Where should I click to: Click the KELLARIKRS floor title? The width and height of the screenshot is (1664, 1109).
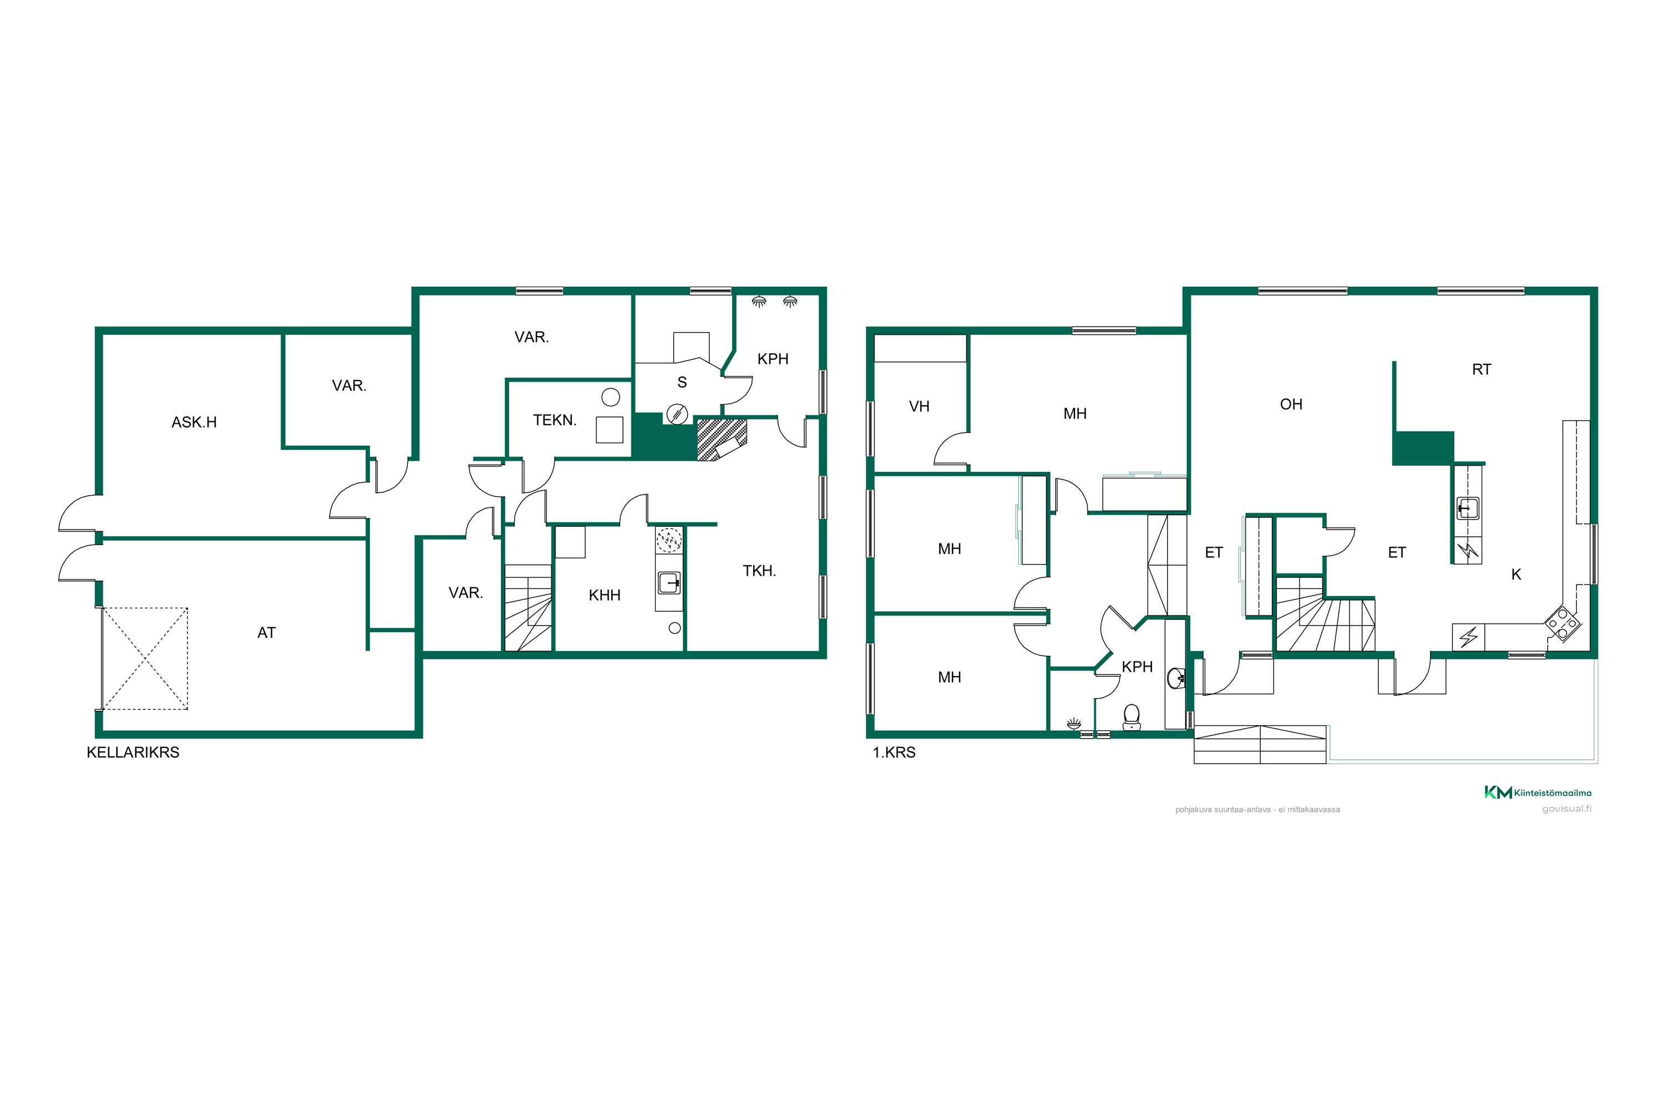coord(133,752)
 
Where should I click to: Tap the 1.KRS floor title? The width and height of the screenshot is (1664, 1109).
coord(894,752)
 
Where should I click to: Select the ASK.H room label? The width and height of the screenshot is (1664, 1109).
coord(194,422)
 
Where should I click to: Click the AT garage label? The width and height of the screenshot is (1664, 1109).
coord(266,632)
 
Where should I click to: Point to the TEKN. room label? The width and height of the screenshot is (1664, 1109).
coord(555,420)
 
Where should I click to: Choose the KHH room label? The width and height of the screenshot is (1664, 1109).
coord(604,596)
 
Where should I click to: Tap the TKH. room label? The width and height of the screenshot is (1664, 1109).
coord(759,571)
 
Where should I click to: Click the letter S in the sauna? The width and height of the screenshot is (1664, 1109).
coord(682,383)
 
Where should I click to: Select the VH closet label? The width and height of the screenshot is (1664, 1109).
coord(919,406)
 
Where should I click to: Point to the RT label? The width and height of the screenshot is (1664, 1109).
coord(1482,369)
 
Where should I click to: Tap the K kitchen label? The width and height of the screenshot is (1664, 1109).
coord(1516,574)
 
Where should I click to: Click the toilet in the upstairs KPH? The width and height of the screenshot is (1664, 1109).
coord(1132,716)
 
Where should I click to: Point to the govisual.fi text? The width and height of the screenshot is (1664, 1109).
coord(1567,809)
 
